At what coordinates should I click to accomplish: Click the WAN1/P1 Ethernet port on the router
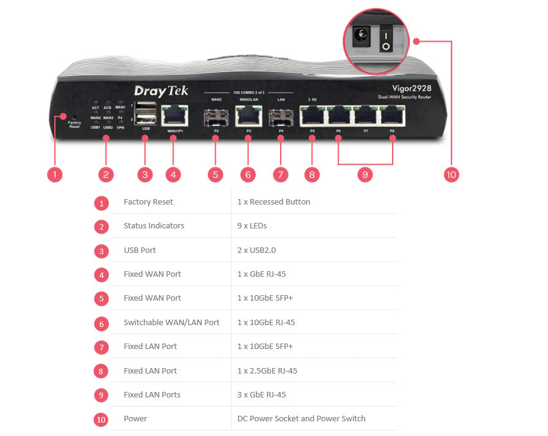coord(173,115)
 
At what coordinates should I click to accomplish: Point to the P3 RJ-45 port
coord(248,115)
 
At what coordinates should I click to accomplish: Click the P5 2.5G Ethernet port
coord(312,115)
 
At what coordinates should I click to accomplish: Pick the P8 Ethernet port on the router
coord(392,115)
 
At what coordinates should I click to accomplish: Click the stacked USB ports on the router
coord(145,113)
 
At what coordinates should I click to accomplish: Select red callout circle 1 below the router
coord(54,175)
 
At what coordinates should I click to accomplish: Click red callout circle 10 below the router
coord(451,175)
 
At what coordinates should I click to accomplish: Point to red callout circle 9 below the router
coord(365,175)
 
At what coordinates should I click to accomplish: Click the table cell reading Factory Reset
coord(148,202)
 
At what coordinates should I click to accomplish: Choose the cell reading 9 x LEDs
coord(252,226)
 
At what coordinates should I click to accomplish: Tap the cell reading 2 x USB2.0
coord(257,250)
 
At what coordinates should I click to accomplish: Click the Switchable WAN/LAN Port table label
coord(171,322)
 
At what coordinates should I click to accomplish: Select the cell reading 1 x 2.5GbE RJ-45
coord(266,370)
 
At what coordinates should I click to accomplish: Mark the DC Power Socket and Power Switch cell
coord(301,419)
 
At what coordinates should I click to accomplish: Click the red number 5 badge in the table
coord(102,299)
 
